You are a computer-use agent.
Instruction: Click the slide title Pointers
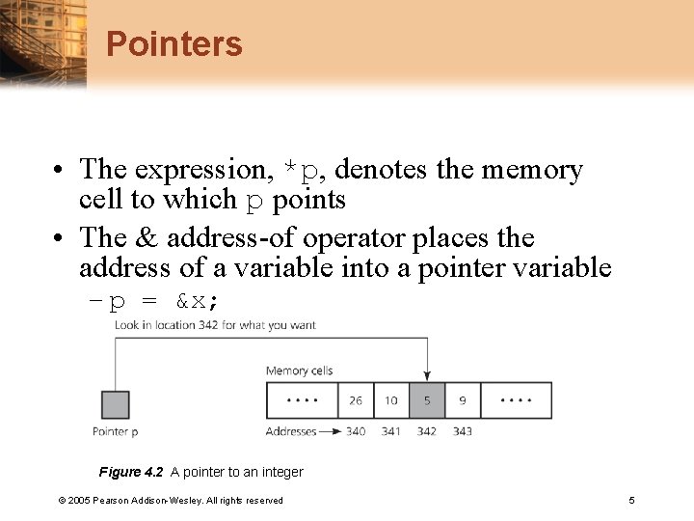pyautogui.click(x=173, y=44)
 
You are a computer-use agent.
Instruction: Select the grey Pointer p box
pyautogui.click(x=115, y=404)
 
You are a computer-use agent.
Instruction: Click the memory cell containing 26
pyautogui.click(x=356, y=400)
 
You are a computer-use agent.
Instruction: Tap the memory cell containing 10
pyautogui.click(x=391, y=400)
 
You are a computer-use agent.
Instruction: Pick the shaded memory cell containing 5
pyautogui.click(x=427, y=400)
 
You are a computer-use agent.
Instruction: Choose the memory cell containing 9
pyautogui.click(x=463, y=400)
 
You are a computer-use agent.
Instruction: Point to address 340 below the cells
pyautogui.click(x=356, y=431)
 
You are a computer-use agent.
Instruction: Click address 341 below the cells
pyautogui.click(x=391, y=431)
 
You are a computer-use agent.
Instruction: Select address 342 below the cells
pyautogui.click(x=427, y=431)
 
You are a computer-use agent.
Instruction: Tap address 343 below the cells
pyautogui.click(x=463, y=431)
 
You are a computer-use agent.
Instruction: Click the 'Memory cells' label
pyautogui.click(x=299, y=370)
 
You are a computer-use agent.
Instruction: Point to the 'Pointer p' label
pyautogui.click(x=115, y=431)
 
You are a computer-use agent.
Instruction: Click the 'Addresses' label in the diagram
pyautogui.click(x=292, y=431)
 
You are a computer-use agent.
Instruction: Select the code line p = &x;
pyautogui.click(x=164, y=301)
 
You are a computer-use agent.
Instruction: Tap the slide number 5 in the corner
pyautogui.click(x=631, y=500)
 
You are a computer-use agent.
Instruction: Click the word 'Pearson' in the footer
pyautogui.click(x=120, y=500)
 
